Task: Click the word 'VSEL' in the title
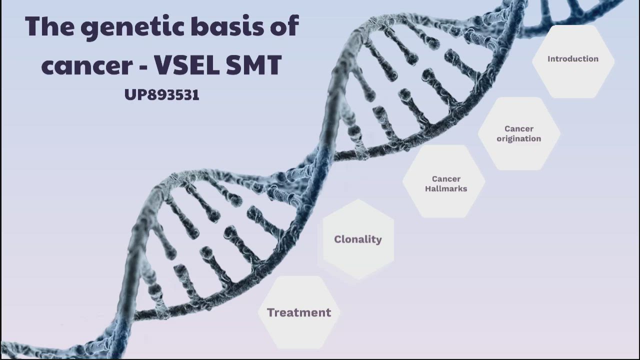(185, 64)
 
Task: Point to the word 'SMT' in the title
(254, 64)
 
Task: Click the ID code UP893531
(162, 94)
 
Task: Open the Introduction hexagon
(573, 60)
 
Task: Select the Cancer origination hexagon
(518, 133)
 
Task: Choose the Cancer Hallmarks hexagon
(444, 182)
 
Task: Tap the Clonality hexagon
(358, 239)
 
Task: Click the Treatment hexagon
(299, 312)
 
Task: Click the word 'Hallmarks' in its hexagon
(446, 188)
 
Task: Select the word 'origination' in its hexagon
(518, 138)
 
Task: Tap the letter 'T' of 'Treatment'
(271, 312)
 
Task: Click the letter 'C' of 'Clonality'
(338, 239)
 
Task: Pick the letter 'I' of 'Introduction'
(549, 58)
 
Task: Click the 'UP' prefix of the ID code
(132, 94)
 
